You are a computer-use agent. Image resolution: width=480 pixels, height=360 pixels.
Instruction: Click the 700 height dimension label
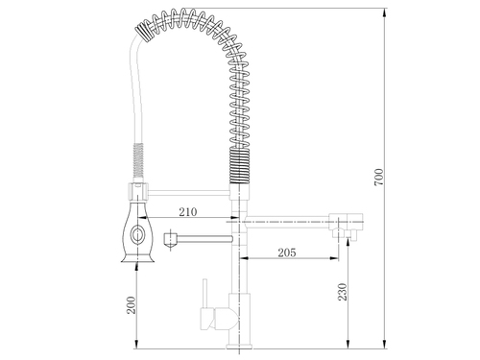(378, 177)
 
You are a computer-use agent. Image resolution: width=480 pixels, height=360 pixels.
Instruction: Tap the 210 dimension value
(188, 212)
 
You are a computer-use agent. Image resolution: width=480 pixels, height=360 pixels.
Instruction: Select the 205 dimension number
(287, 252)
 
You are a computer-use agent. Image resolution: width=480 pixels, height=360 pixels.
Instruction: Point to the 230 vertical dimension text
(343, 292)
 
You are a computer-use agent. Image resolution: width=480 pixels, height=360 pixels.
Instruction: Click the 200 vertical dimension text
(132, 305)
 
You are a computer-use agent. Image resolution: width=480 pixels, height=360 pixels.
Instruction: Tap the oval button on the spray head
(137, 235)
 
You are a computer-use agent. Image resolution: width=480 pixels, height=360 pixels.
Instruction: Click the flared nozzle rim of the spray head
(137, 258)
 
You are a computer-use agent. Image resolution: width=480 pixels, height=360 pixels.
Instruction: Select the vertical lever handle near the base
(204, 294)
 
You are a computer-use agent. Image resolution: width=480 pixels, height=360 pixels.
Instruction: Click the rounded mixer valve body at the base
(227, 319)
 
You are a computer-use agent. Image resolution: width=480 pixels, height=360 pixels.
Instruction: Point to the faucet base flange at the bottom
(239, 346)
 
